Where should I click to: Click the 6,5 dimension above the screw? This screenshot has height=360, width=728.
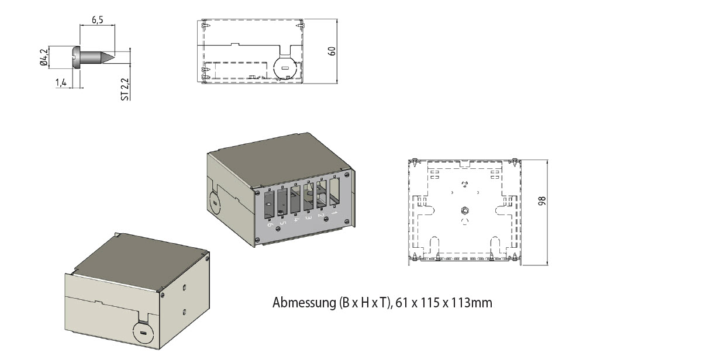click(x=98, y=20)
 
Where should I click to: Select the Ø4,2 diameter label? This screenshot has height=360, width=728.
click(x=44, y=57)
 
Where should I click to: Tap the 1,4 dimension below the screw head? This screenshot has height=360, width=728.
click(x=61, y=83)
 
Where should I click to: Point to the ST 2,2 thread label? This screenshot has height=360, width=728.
click(x=125, y=89)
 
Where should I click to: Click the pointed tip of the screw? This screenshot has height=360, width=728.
click(x=114, y=57)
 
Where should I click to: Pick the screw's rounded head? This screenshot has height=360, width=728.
click(x=76, y=57)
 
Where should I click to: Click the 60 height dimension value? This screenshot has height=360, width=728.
click(x=332, y=51)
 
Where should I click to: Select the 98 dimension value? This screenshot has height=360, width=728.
click(x=542, y=201)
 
